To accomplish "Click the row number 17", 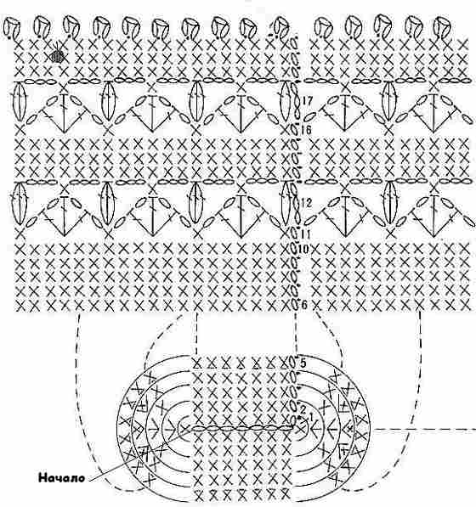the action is point(308,101).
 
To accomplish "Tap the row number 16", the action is point(306,130).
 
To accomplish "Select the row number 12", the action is point(306,203).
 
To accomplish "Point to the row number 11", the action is point(305,234).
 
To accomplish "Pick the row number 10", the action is point(303,249).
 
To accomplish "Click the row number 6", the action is point(303,304).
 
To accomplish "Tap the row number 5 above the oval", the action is point(303,363).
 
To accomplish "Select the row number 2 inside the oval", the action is point(303,409).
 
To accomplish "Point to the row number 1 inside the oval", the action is point(311,417).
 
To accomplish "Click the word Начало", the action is point(61,478).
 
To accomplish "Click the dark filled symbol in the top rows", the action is point(58,57).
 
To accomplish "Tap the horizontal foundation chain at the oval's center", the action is point(243,428).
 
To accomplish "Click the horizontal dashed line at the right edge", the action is point(424,430).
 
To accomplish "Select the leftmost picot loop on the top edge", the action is point(12,28).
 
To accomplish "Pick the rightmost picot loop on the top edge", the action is point(441,26).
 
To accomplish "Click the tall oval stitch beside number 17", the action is point(286,101).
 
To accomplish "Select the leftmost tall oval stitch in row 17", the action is point(19,101).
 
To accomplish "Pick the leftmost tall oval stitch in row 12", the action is point(19,203).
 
